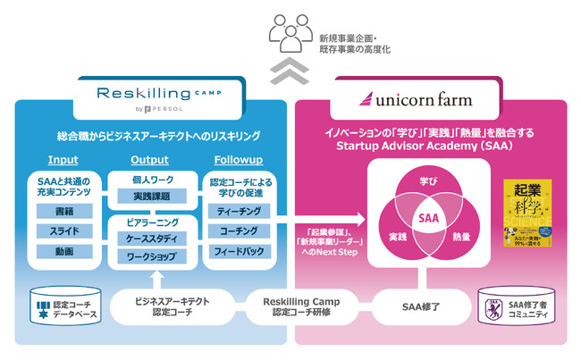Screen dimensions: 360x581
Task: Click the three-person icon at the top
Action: [290, 37]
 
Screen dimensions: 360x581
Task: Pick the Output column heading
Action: [149, 160]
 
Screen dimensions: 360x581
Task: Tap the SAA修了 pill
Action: [417, 306]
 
